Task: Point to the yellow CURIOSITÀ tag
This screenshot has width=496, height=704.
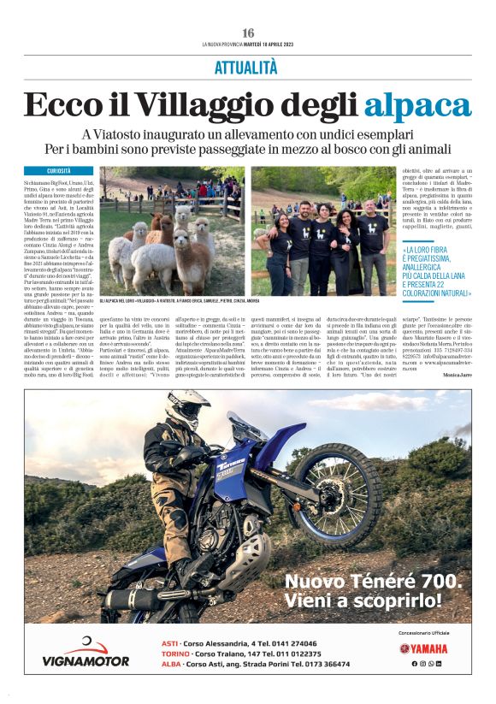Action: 59,170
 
